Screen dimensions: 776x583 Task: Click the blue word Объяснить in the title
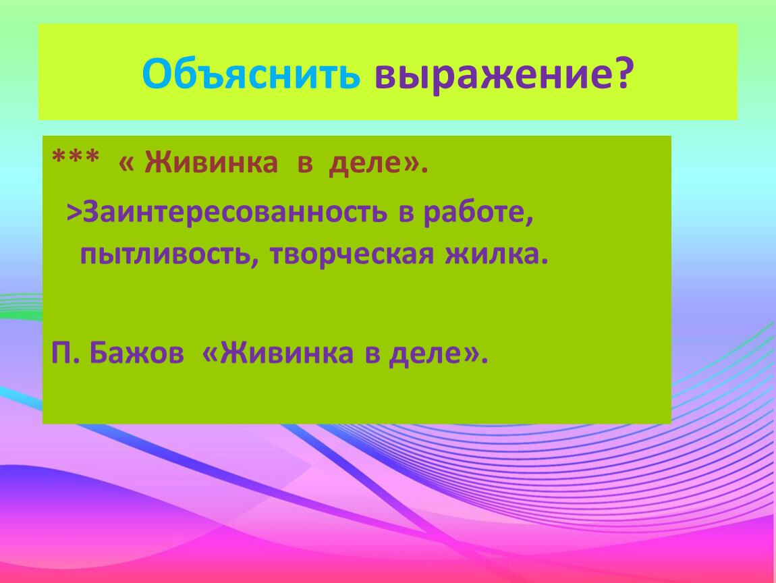[x=251, y=74]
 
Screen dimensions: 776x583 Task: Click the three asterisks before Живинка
[x=76, y=159]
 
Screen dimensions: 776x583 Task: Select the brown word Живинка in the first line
[x=211, y=163]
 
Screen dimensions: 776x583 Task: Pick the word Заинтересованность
[x=235, y=213]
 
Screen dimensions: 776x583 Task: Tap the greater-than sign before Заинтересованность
[x=74, y=213]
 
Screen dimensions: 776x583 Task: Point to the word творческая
[x=352, y=255]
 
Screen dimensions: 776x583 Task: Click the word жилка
[x=497, y=254]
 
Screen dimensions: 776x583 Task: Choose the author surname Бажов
[x=137, y=354]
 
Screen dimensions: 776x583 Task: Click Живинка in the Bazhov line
[x=287, y=354]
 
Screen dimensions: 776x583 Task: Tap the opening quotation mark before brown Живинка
[x=127, y=163]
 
